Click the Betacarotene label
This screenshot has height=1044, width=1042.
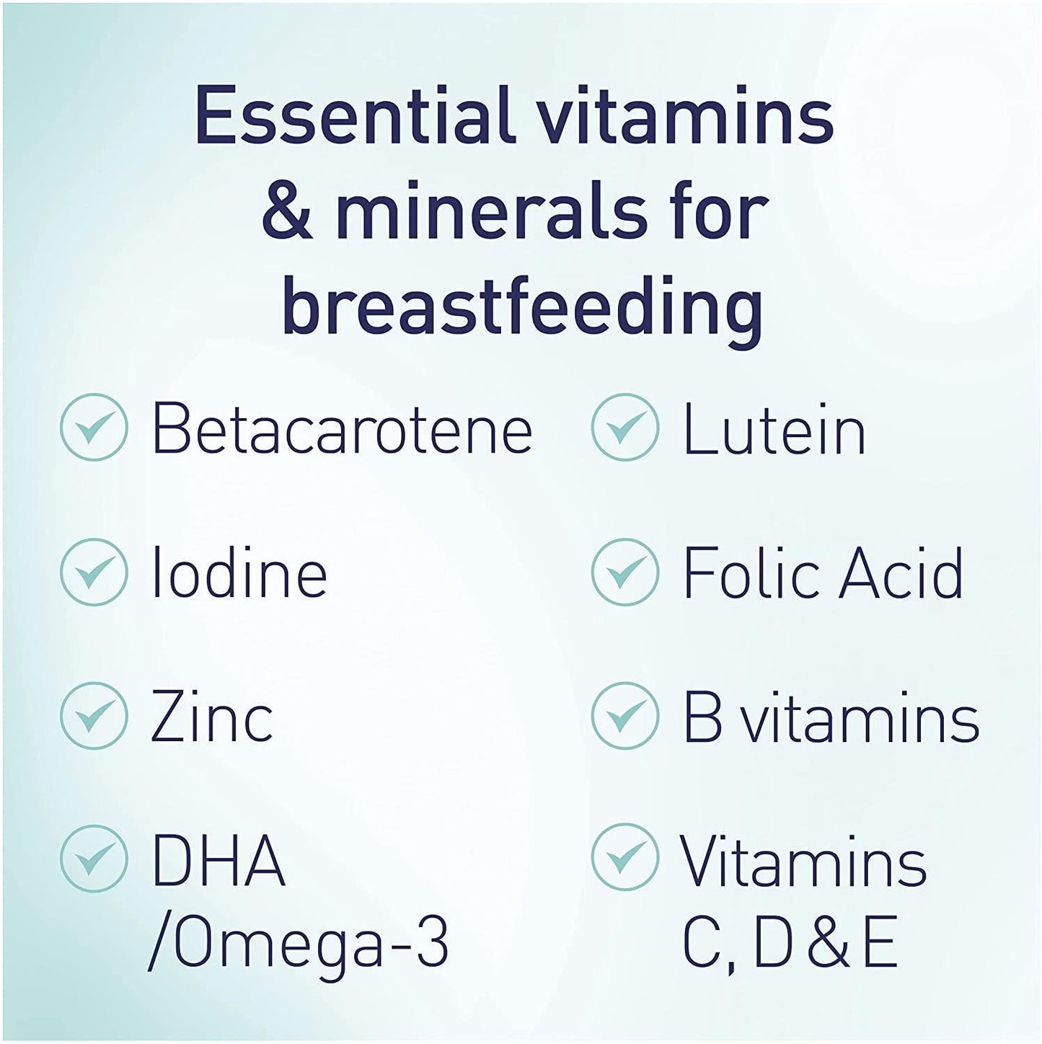click(342, 430)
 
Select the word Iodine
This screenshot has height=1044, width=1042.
click(239, 573)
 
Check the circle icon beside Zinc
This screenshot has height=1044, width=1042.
click(94, 716)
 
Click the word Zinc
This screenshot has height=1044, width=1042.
click(212, 717)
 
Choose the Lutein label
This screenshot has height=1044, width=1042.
click(774, 430)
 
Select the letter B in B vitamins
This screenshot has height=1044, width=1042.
click(702, 717)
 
